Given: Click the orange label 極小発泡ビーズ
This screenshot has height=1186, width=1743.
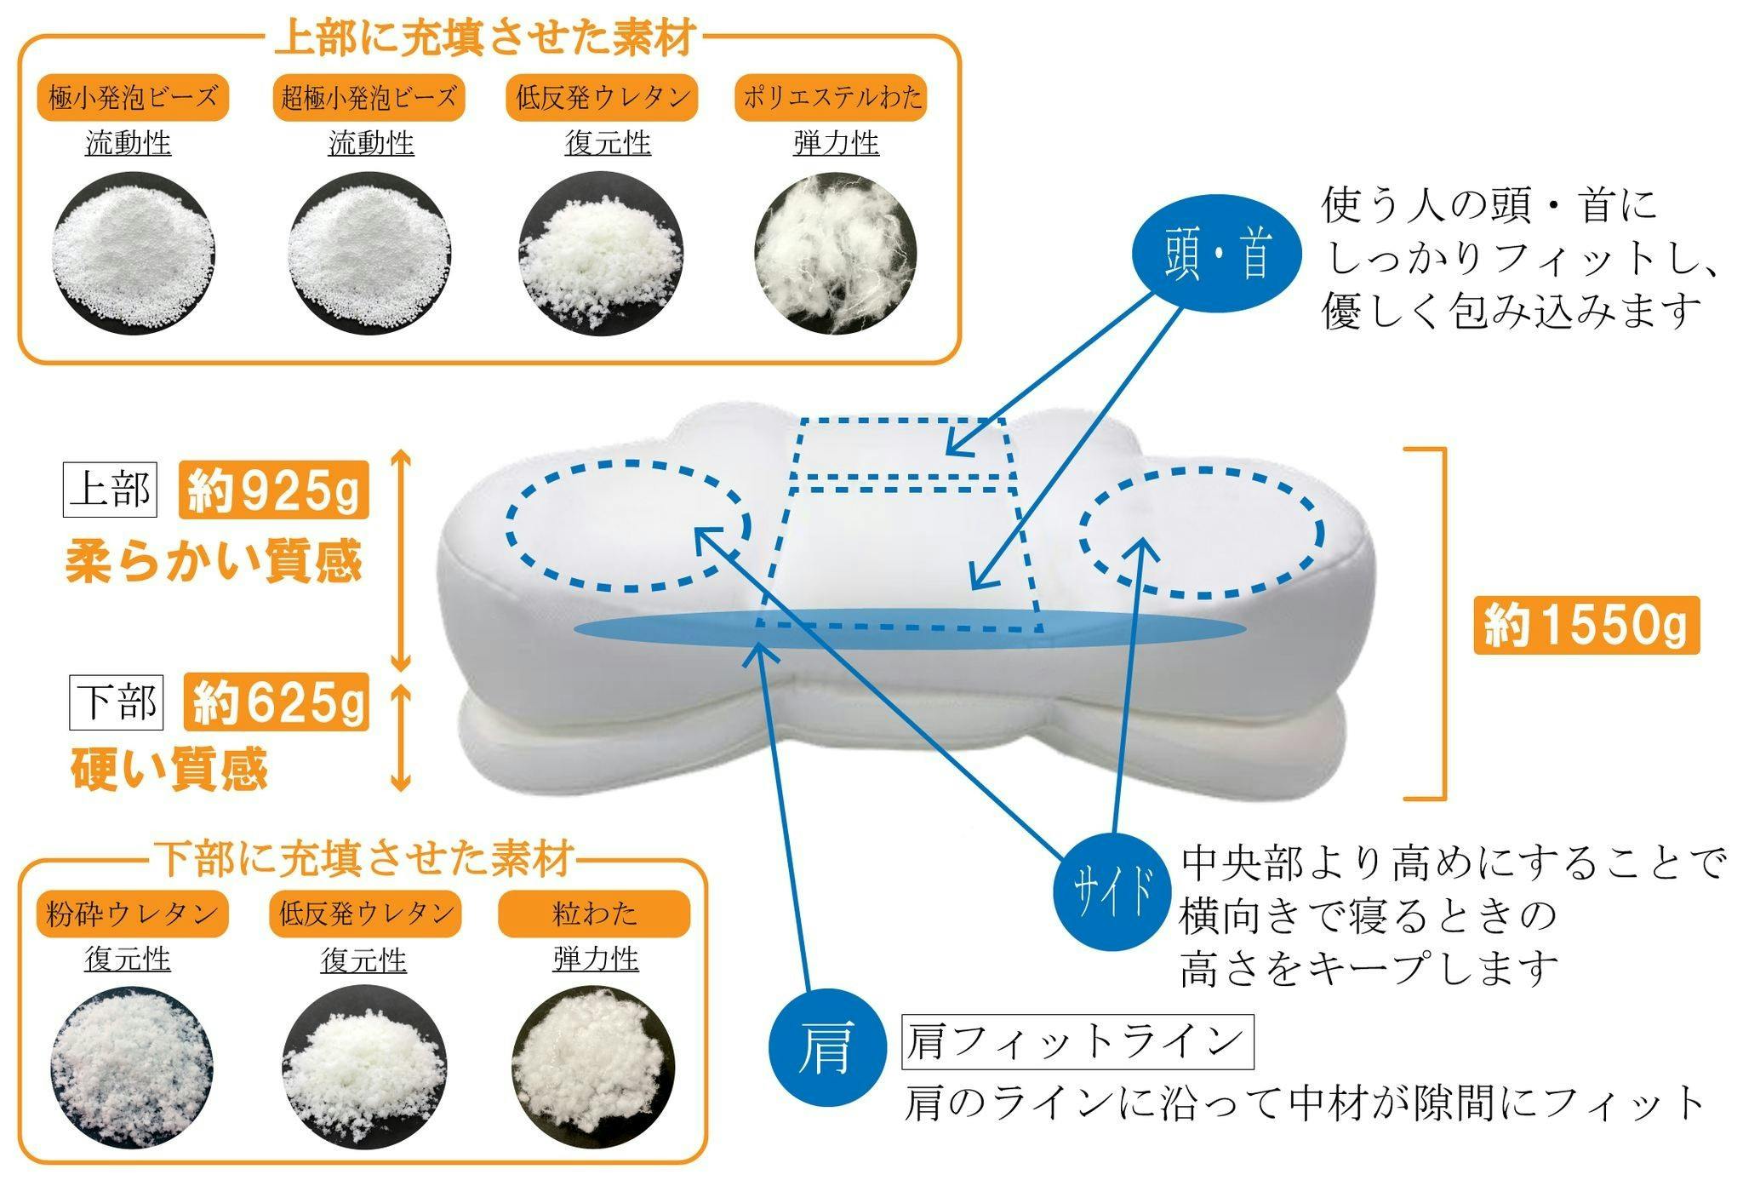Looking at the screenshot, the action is pos(133,98).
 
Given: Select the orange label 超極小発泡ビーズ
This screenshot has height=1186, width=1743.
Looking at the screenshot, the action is pos(369,98).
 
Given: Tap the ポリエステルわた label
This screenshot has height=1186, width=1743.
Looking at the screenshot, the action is pos(831,98).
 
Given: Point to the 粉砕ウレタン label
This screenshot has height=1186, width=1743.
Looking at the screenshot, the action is pos(132,914).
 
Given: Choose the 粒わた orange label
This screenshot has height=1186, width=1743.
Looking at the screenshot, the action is pos(594,914).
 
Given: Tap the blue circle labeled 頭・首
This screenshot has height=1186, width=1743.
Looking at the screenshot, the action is pos(1216,255).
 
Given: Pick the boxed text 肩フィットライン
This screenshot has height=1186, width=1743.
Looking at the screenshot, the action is pos(1077,1041).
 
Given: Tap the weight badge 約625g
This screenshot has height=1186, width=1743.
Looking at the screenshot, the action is pos(277,702).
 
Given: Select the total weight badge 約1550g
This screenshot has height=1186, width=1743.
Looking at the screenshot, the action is pos(1586,625).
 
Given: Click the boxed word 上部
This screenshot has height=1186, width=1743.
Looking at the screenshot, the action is pos(110,490).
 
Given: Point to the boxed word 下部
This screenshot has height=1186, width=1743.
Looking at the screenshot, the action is pos(116,702).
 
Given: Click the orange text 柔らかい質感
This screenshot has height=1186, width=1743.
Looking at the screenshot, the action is pos(214,562).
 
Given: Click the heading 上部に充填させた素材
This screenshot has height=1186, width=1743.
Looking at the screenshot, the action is pos(486,38).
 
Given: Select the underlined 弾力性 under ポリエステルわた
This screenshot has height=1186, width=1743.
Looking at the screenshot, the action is pos(836,143).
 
